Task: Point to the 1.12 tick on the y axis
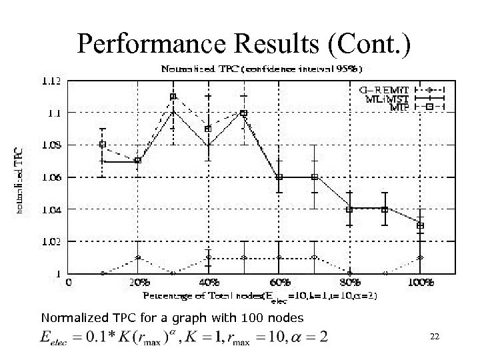52,81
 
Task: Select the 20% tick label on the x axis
137,283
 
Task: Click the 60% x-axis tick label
280,283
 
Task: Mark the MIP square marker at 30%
173,97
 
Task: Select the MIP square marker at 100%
420,226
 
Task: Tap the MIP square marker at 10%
103,144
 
